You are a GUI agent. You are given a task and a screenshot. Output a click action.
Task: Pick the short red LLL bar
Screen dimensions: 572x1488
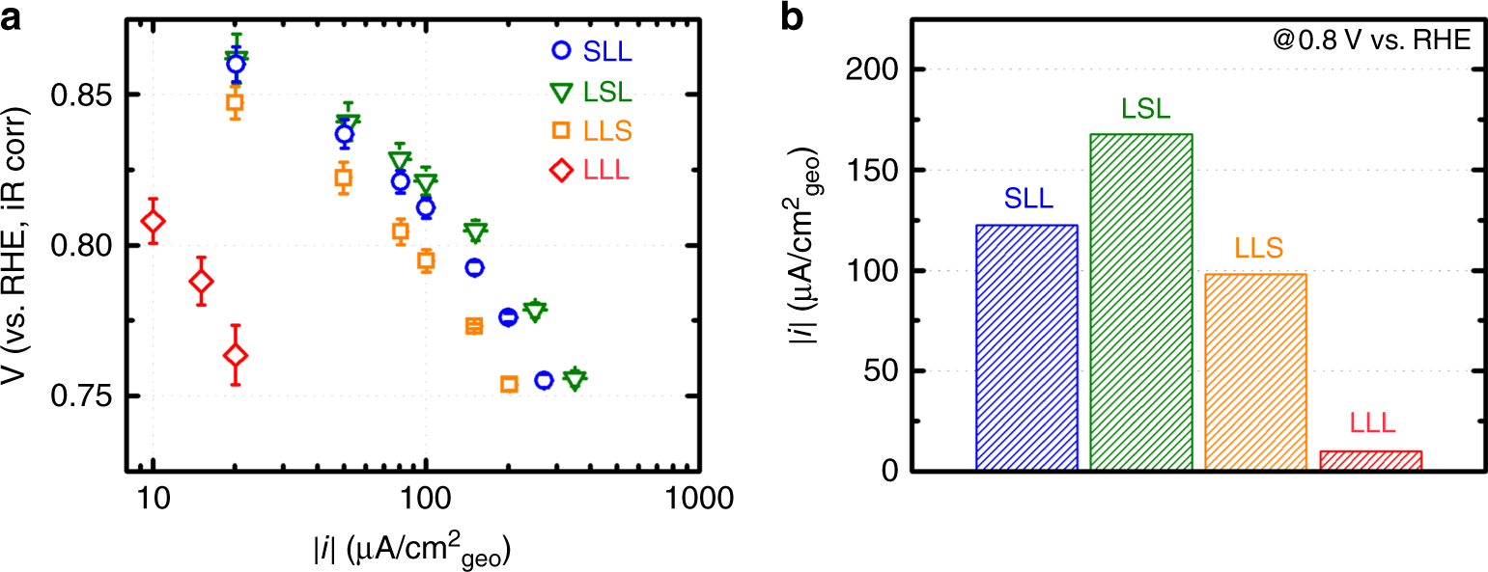click(1370, 460)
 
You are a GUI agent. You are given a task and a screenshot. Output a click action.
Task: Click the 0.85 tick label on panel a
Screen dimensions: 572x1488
click(86, 95)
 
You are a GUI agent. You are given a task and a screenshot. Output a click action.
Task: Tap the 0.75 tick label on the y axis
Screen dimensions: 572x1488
click(86, 396)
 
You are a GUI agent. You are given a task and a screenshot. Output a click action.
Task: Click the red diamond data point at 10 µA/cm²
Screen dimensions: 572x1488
click(153, 222)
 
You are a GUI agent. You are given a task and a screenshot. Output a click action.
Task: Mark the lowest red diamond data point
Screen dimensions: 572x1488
click(236, 356)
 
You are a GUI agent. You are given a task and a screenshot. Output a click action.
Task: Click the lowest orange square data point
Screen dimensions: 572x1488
click(509, 384)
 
